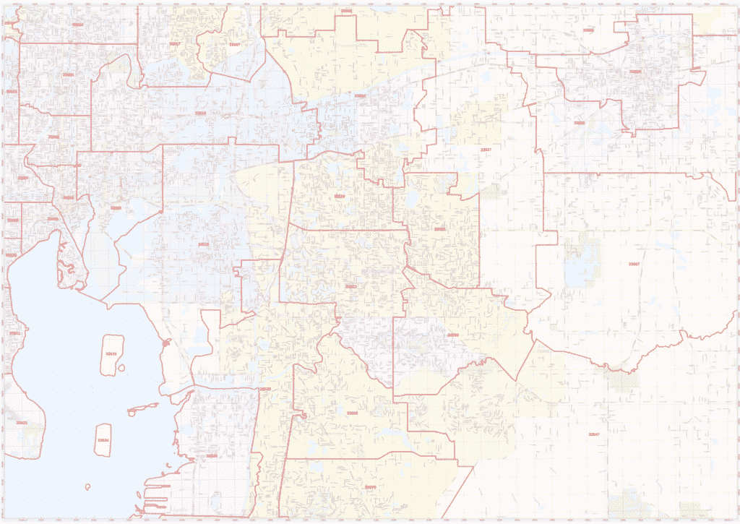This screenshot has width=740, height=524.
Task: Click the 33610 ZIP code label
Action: pos(201,113)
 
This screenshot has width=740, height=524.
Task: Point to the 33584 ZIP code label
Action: pos(359,95)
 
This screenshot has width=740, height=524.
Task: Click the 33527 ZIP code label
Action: pos(486,150)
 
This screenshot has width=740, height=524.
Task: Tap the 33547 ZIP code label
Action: pos(595,434)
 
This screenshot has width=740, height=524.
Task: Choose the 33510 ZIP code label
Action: pos(339,197)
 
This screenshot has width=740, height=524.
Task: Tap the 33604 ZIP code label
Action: pos(68,74)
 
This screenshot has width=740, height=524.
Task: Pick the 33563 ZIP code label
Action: pos(635,72)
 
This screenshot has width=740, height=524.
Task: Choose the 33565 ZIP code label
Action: pos(588,30)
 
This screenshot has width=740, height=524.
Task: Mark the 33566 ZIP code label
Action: pos(578,123)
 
